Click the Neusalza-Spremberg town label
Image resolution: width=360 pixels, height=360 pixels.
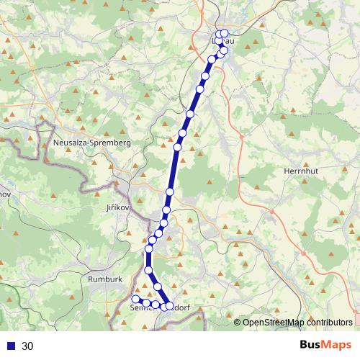pos(92,143)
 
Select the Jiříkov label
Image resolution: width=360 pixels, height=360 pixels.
pos(112,207)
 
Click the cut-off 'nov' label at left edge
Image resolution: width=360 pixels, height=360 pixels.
pos(4,194)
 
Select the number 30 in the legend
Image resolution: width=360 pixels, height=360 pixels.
pos(28,346)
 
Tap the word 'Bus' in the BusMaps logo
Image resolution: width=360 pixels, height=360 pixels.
pos(310,345)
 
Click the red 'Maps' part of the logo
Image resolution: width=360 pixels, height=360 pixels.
pos(337,345)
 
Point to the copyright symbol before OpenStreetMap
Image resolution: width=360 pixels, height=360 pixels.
pos(238,323)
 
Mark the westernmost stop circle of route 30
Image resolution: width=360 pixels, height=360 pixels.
pos(135,299)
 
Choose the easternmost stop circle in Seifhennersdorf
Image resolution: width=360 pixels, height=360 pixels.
pos(167,306)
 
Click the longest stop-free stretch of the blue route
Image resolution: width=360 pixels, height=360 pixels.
pos(174,169)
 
